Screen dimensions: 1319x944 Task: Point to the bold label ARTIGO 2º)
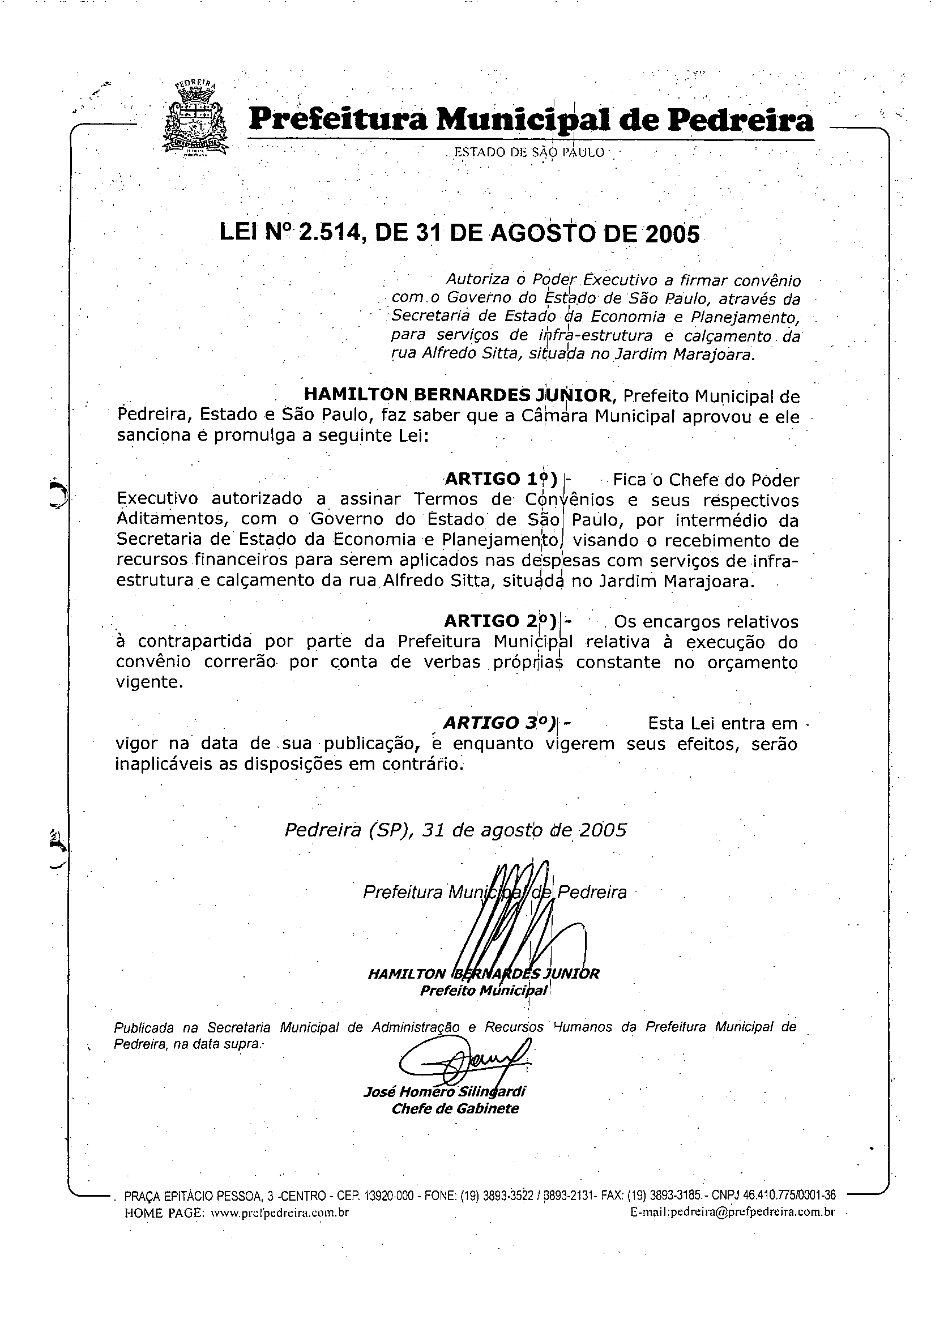pos(501,621)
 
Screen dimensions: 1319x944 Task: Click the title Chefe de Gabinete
pos(455,1108)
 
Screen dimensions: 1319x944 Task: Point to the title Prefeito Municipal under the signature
pos(484,991)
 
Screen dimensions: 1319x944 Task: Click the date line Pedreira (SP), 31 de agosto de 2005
pos(455,830)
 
